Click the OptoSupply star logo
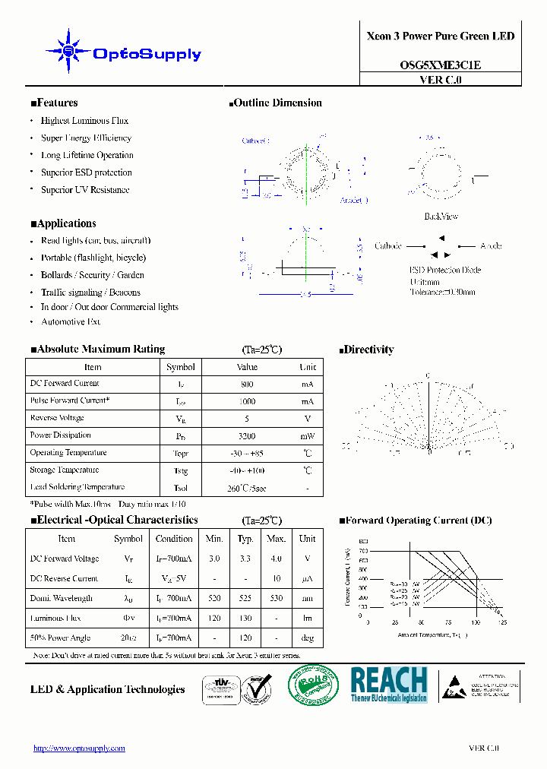point(68,51)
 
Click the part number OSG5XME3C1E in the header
point(440,65)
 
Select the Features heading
point(54,103)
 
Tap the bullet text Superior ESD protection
point(86,172)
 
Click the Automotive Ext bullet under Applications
point(71,322)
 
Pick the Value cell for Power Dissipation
point(247,436)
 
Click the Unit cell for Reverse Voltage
point(307,419)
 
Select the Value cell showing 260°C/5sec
point(247,488)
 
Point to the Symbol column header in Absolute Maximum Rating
point(181,367)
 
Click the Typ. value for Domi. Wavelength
point(245,599)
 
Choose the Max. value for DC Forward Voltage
point(276,559)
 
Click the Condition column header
point(174,539)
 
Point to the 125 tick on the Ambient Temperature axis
point(501,622)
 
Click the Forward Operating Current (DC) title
point(416,521)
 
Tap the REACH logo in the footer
point(389,684)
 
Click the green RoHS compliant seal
point(313,686)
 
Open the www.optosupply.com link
point(79,748)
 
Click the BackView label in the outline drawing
point(441,217)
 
